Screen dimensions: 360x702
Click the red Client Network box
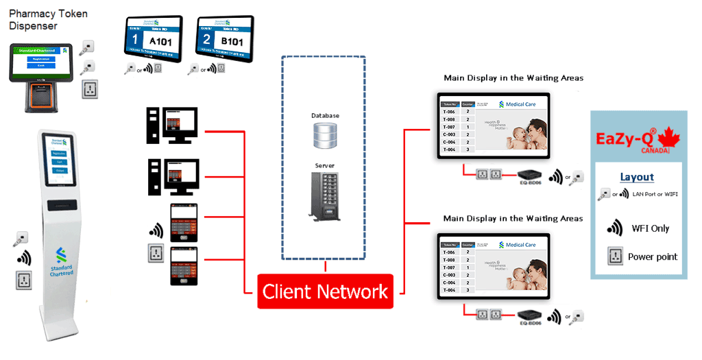point(325,291)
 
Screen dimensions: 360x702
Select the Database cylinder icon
point(325,136)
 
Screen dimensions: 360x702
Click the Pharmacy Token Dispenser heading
point(48,19)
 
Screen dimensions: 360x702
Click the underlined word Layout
point(637,177)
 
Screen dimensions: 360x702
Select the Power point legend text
point(653,256)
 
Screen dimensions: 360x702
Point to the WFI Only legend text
point(650,228)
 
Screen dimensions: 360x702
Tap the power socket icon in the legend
point(614,256)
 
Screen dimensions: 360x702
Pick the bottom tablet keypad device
point(184,266)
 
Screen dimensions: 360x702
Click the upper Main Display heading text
point(513,78)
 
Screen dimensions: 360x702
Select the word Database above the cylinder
point(325,116)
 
